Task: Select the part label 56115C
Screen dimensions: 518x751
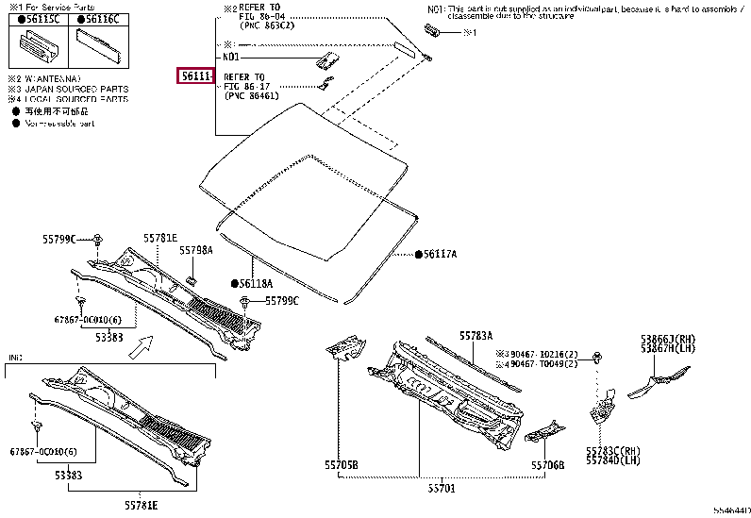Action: [41, 19]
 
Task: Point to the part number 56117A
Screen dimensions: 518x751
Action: [439, 255]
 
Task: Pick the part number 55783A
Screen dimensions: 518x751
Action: [476, 335]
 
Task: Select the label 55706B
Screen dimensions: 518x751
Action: [546, 464]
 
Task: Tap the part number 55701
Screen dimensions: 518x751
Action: [442, 489]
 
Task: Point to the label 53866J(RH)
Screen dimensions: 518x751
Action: [670, 338]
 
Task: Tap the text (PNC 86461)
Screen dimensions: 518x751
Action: [253, 95]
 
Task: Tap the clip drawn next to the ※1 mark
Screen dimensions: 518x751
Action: [437, 32]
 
